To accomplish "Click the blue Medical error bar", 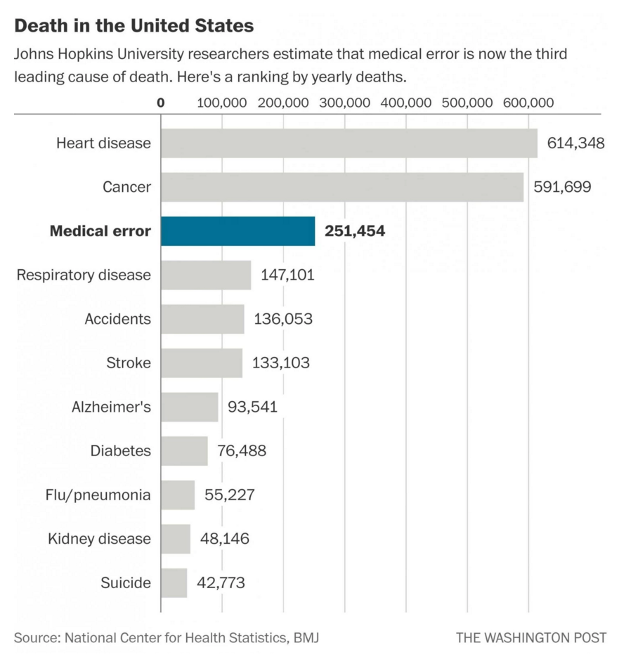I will pyautogui.click(x=237, y=230).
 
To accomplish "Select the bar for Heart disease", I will pyautogui.click(x=349, y=143).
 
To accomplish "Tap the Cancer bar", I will pyautogui.click(x=341, y=187).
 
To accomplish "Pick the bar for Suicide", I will pyautogui.click(x=174, y=583).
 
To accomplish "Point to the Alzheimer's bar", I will pyautogui.click(x=189, y=407).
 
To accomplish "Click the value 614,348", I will pyautogui.click(x=576, y=143).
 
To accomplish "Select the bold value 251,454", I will pyautogui.click(x=355, y=230).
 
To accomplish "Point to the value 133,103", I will pyautogui.click(x=282, y=363).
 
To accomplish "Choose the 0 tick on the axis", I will pyautogui.click(x=161, y=103).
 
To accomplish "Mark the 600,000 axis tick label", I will pyautogui.click(x=528, y=103).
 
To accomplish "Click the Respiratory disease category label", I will pyautogui.click(x=84, y=275).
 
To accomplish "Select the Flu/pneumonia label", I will pyautogui.click(x=98, y=495).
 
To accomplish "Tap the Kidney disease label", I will pyautogui.click(x=99, y=539).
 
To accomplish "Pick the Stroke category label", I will pyautogui.click(x=129, y=363).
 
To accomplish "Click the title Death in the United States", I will pyautogui.click(x=134, y=26).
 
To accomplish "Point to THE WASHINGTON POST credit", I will pyautogui.click(x=530, y=638).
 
